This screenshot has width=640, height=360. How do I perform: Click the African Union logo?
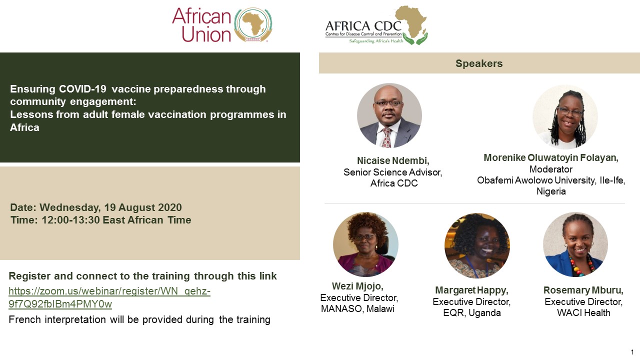tap(222, 24)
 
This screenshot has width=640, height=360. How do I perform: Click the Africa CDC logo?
tap(376, 25)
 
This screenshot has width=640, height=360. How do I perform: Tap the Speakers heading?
tap(479, 63)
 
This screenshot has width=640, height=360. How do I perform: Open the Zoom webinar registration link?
tap(109, 297)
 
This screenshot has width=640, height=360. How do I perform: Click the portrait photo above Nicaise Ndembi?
tap(389, 115)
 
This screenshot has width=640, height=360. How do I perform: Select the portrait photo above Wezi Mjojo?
tap(365, 244)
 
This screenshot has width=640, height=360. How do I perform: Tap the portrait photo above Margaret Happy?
tap(477, 245)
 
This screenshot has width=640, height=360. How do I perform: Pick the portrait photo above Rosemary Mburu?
tap(575, 244)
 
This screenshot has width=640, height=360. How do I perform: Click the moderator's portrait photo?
tap(565, 117)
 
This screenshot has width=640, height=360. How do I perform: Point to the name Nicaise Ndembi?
tap(393, 161)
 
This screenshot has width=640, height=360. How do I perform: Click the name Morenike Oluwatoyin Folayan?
tap(551, 157)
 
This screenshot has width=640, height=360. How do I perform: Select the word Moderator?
tap(551, 169)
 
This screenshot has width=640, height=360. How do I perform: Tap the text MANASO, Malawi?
tap(357, 309)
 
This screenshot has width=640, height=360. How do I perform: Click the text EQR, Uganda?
tap(472, 313)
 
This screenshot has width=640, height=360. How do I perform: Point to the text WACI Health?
tap(583, 313)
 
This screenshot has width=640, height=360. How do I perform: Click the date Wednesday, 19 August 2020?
tap(110, 207)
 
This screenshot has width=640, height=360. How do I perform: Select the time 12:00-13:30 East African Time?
tap(116, 220)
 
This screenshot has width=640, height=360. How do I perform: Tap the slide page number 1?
tap(632, 352)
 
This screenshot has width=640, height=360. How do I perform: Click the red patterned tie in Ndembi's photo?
tap(387, 137)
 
